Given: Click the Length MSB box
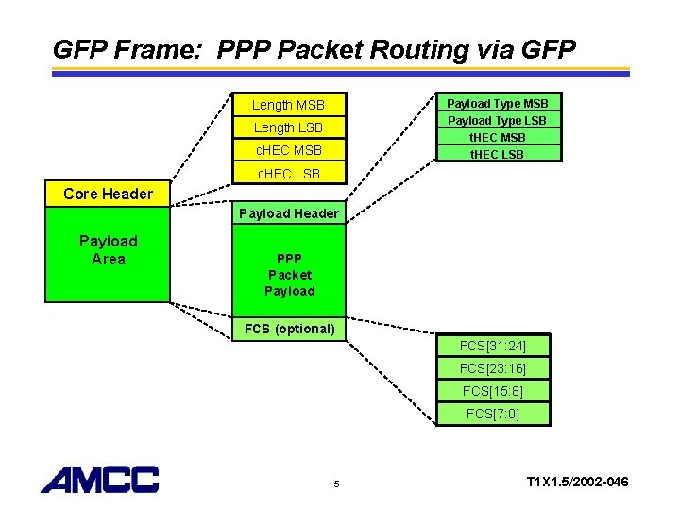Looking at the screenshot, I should (288, 105).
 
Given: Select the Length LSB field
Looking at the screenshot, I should (288, 127).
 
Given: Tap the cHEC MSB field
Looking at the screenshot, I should (288, 150).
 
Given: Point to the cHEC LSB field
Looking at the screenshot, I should (288, 173).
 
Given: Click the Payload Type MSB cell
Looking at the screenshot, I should (498, 103).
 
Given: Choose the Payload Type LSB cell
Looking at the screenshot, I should (498, 120).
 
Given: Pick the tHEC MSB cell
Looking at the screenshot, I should (498, 137).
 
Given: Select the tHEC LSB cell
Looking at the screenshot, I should (498, 154).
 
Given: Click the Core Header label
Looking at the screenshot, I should (108, 194).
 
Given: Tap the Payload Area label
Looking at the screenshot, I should (108, 250).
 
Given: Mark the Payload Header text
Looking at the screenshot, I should (288, 213).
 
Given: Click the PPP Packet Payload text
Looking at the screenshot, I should (289, 275).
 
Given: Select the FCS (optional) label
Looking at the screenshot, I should (289, 329).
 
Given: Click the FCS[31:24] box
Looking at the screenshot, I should (492, 347).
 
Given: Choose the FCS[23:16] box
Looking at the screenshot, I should (492, 368).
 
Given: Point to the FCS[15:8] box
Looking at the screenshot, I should (492, 391).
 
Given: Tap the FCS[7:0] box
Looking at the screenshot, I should (492, 414).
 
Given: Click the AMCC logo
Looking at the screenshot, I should (100, 480).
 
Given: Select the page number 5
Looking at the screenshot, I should (336, 485).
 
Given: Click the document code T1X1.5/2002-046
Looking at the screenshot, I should (577, 483).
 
